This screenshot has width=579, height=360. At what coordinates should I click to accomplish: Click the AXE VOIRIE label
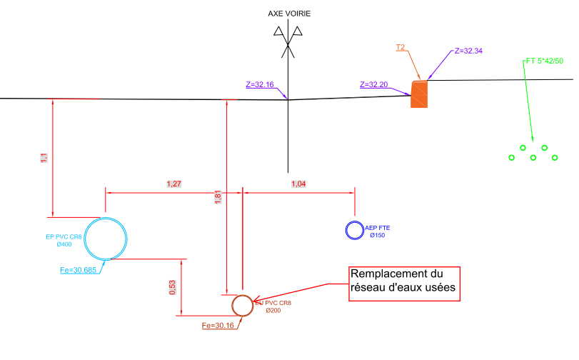pos(289,14)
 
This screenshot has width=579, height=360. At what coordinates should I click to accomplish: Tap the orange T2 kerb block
pos(419,94)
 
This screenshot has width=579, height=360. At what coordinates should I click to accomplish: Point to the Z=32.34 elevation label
pos(468,51)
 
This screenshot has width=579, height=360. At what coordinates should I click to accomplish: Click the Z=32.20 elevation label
pos(374,84)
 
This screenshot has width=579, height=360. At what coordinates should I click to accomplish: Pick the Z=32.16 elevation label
pos(260,84)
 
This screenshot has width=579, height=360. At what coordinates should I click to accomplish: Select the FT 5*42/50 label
pos(544,61)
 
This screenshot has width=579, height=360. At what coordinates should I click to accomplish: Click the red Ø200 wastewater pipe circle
pos(243,305)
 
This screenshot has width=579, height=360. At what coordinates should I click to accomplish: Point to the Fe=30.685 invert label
pos(80,270)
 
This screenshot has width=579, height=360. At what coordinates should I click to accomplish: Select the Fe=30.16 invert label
pos(218,326)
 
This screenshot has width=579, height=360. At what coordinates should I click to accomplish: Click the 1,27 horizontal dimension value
pos(173,184)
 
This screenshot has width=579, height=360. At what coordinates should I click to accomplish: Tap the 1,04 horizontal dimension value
pos(299,184)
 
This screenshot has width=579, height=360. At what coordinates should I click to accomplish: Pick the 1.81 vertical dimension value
pos(218,196)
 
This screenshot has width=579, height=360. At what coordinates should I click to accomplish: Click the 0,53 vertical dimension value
pos(171,287)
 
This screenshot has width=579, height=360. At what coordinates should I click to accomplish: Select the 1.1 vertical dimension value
pos(44,157)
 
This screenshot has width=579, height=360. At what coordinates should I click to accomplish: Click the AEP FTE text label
pos(378,228)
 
